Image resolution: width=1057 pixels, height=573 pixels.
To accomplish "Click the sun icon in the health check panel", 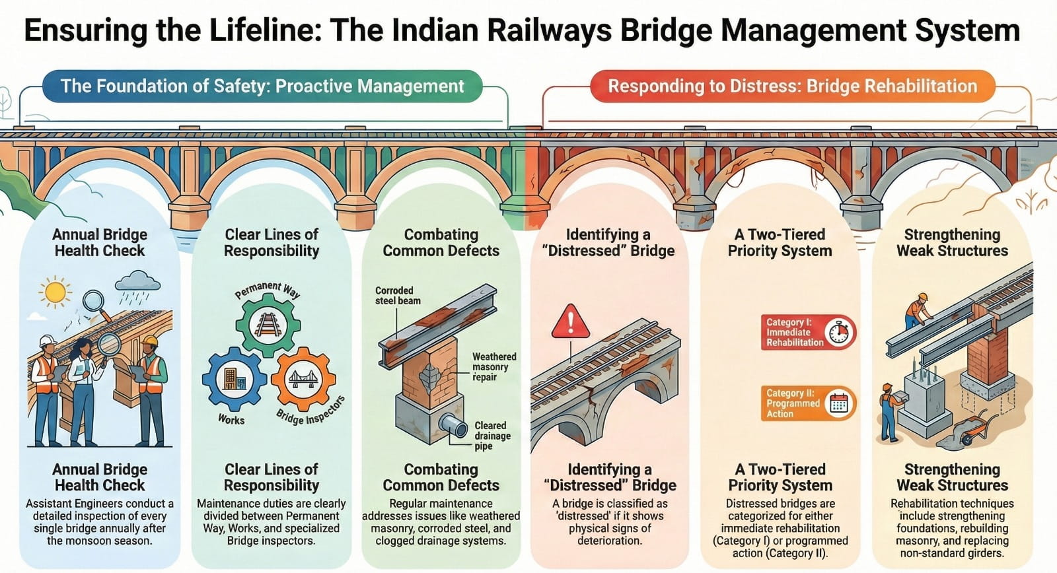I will pos(54,292).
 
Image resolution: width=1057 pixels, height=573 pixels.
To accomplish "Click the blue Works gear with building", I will pos(233,380).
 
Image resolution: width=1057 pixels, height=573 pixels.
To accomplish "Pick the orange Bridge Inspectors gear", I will pos(304,380).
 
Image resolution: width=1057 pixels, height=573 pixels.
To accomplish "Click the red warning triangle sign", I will pos(570,321).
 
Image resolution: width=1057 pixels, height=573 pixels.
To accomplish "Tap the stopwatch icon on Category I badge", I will pos(840,332).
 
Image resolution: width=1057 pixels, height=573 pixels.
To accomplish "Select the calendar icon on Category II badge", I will pos(839,403).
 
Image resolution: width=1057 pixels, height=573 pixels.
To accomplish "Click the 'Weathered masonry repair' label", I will pos(493,366).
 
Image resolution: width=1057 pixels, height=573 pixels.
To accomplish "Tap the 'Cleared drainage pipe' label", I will pos(492,436).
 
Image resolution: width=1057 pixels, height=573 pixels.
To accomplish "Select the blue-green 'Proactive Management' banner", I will pos(262,86).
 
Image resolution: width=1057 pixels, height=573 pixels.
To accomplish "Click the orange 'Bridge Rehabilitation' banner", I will pos(792,86).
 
